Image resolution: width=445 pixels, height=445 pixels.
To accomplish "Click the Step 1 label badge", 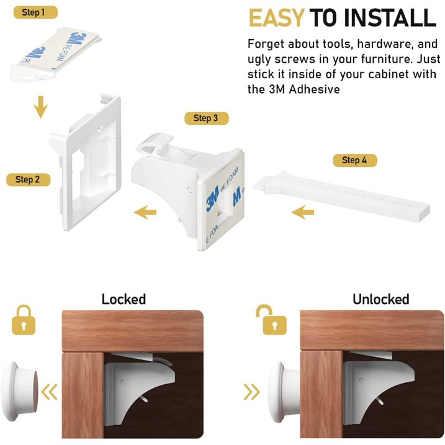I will (x=34, y=12).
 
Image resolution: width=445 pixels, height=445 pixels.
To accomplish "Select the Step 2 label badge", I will (x=28, y=179).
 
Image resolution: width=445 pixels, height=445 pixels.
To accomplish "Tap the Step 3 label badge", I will (x=205, y=118).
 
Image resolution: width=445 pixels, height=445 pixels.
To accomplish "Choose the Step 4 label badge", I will (x=354, y=160).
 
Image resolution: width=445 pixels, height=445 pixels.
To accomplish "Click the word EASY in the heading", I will (x=276, y=19).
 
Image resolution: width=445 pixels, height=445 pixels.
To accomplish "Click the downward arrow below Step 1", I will (x=40, y=107).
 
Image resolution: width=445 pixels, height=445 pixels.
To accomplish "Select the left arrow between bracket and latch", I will (x=145, y=213).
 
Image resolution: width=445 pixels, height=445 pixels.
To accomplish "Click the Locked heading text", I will (x=124, y=299).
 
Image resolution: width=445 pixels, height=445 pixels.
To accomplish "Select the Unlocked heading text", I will (x=380, y=299).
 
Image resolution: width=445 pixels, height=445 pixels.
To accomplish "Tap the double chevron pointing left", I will (x=49, y=392).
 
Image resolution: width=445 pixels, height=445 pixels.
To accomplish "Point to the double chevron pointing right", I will (x=251, y=392).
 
